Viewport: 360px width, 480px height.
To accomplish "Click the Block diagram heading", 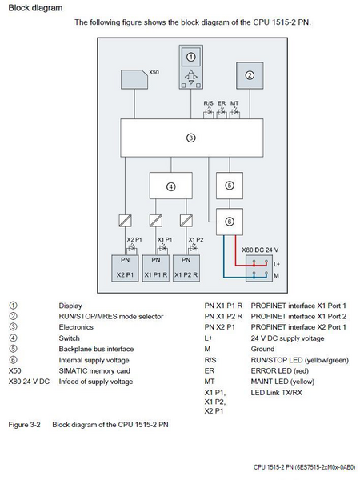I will click(x=31, y=7).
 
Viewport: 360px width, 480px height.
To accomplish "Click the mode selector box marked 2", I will click(x=250, y=76).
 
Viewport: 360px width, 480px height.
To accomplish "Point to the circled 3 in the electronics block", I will click(x=190, y=138).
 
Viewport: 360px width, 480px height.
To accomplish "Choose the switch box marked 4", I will click(x=170, y=186).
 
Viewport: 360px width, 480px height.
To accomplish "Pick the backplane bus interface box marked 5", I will click(x=229, y=185).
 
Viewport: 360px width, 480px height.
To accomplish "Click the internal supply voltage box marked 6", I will click(x=229, y=222).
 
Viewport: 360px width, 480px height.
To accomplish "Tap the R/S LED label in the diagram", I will click(x=208, y=102).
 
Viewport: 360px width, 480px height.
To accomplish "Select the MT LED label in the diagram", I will click(x=234, y=102).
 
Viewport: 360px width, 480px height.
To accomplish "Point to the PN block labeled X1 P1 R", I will click(x=156, y=267).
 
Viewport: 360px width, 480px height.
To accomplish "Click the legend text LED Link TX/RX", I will click(x=276, y=392).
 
